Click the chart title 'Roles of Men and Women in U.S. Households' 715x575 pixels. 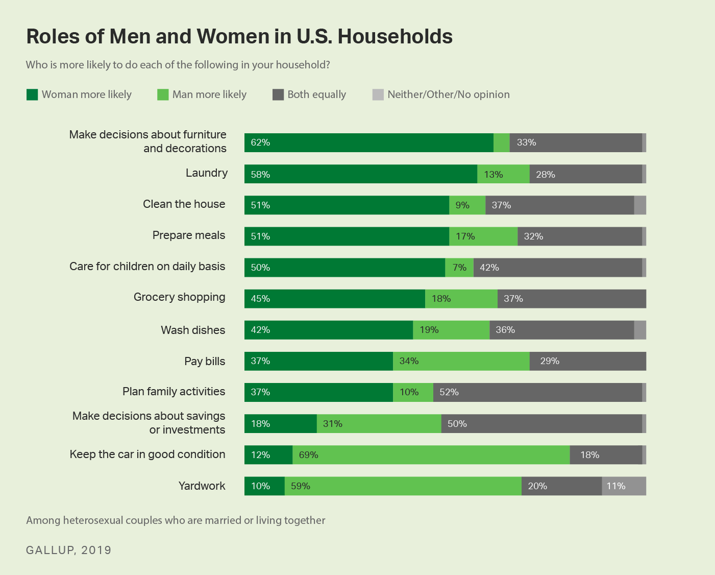click(x=239, y=37)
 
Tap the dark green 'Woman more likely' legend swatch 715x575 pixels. click(x=32, y=94)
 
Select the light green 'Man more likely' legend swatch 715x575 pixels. click(x=163, y=94)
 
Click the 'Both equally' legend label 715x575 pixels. click(x=316, y=94)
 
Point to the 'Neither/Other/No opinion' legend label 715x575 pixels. click(x=448, y=94)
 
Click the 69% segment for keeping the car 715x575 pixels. click(x=431, y=455)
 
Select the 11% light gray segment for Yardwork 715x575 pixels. click(x=624, y=486)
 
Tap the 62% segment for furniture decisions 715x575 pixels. click(x=368, y=142)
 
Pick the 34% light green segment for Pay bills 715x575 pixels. click(x=461, y=361)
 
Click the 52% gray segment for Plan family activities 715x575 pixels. click(x=537, y=392)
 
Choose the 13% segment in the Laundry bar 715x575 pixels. click(x=503, y=174)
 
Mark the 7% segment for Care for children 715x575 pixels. click(x=459, y=268)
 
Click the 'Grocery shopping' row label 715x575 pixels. click(x=179, y=297)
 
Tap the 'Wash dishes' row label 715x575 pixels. click(x=193, y=330)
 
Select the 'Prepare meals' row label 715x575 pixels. click(x=188, y=235)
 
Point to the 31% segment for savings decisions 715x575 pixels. click(x=379, y=424)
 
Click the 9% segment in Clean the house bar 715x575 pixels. click(x=467, y=205)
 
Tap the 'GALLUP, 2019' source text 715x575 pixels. click(x=68, y=550)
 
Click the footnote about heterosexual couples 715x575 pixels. click(x=176, y=520)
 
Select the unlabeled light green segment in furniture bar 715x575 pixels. click(x=501, y=142)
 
